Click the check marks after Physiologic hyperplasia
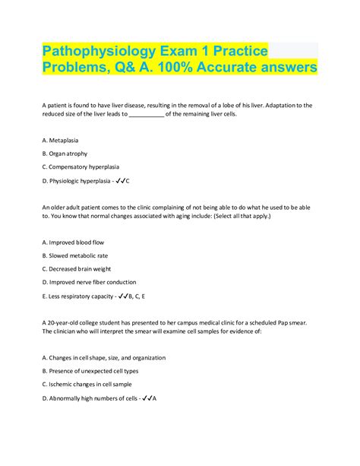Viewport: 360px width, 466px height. (120, 180)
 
